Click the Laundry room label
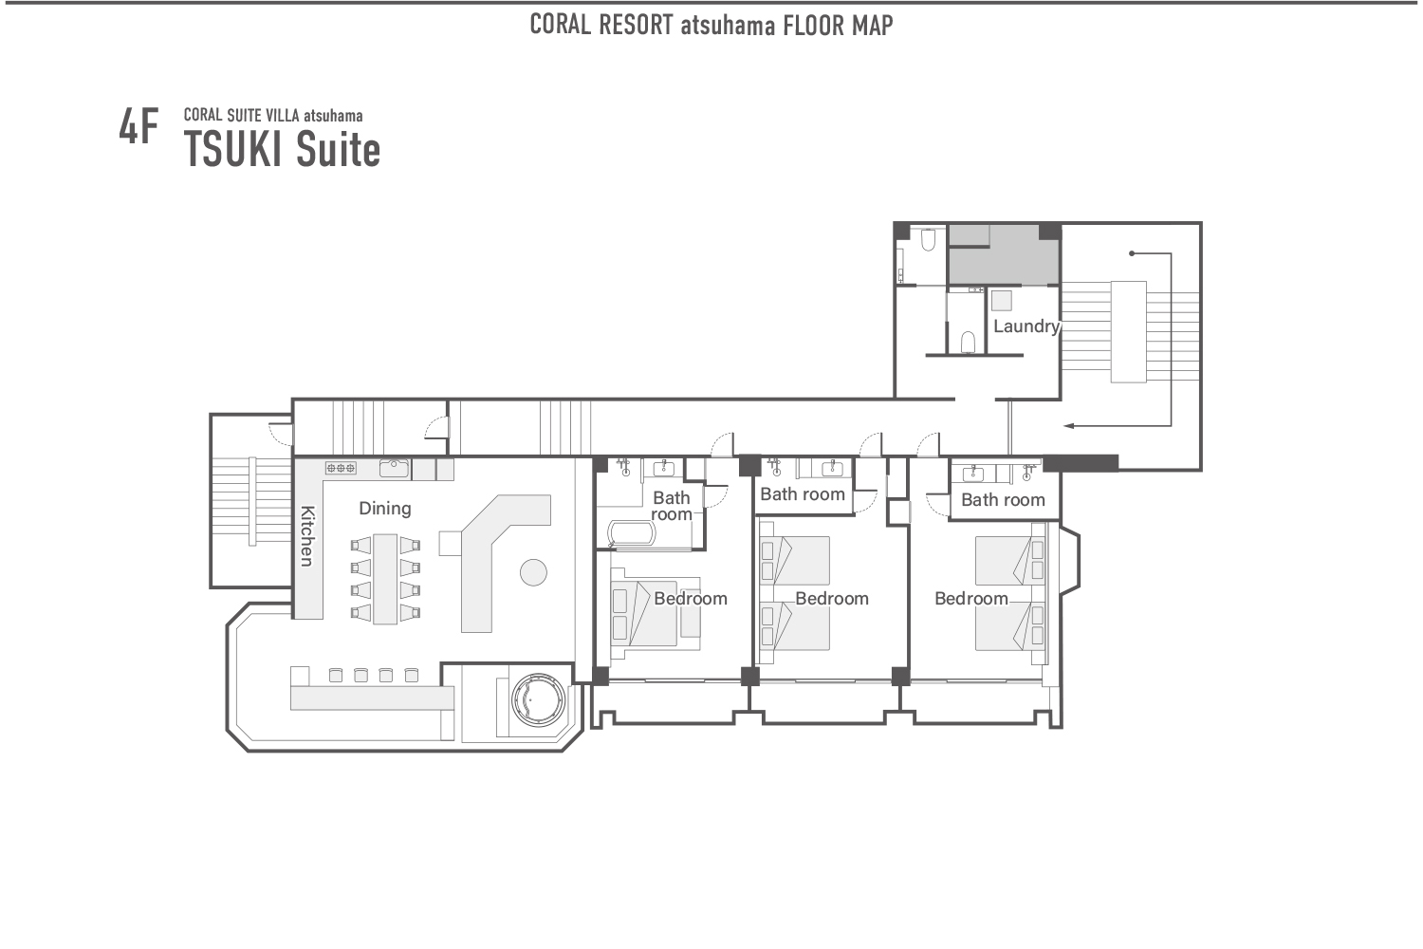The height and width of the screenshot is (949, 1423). pyautogui.click(x=1026, y=326)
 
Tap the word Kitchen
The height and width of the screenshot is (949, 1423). pyautogui.click(x=307, y=535)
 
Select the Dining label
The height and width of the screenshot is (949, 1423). pyautogui.click(x=384, y=509)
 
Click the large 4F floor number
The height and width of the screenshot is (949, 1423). pyautogui.click(x=139, y=127)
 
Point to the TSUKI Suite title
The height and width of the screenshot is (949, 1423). pyautogui.click(x=282, y=150)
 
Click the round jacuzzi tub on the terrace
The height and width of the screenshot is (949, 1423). pyautogui.click(x=538, y=700)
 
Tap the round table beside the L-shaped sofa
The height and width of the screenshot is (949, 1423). pyautogui.click(x=533, y=572)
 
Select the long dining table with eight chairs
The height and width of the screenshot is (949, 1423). pyautogui.click(x=385, y=579)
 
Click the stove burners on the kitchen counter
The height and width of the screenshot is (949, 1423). pyautogui.click(x=341, y=468)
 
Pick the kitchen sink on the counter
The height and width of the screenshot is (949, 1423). pyautogui.click(x=394, y=468)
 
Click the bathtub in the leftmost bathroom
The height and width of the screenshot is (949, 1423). pyautogui.click(x=631, y=533)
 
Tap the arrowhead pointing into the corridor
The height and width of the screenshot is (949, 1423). pyautogui.click(x=1068, y=426)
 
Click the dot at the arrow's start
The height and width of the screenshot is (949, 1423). pyautogui.click(x=1132, y=253)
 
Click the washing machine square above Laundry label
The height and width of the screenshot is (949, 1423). pyautogui.click(x=1001, y=302)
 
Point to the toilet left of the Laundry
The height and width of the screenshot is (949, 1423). pyautogui.click(x=968, y=340)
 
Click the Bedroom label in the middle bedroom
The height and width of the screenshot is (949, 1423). pyautogui.click(x=832, y=599)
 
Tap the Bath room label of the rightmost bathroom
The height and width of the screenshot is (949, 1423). pyautogui.click(x=1003, y=500)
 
